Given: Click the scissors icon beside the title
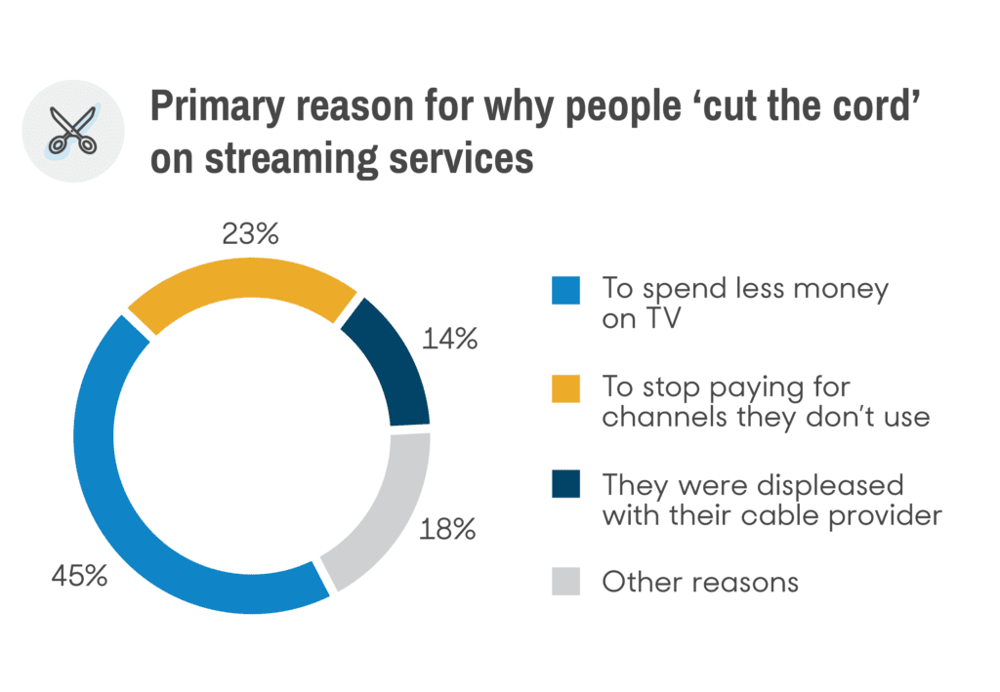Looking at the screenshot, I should (x=73, y=132).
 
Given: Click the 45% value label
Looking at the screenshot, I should (x=78, y=576).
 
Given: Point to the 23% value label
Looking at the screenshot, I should (x=252, y=234).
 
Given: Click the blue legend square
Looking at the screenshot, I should (x=565, y=290).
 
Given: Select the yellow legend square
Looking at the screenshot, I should (x=565, y=387).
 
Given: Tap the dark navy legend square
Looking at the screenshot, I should (x=565, y=484).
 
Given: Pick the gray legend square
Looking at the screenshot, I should (x=565, y=582).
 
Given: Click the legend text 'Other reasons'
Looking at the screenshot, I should (x=700, y=582).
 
